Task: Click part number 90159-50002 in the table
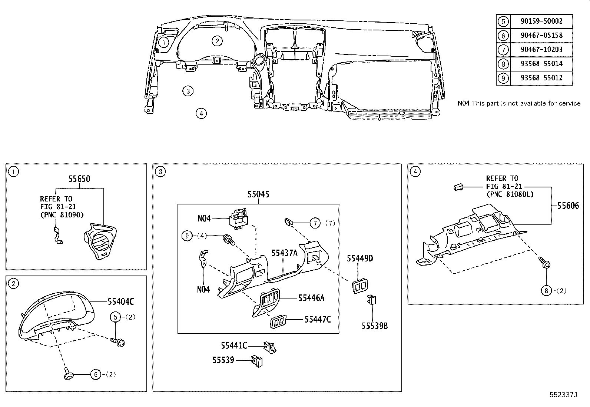tap(541, 21)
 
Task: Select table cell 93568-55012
tap(541, 78)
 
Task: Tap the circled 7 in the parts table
tap(503, 50)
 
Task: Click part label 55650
tap(80, 179)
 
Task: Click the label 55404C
tap(121, 301)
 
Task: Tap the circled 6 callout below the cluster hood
tap(96, 374)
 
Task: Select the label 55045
tap(258, 194)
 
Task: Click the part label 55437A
tap(285, 253)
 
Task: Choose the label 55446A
tap(311, 298)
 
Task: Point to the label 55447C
tap(318, 319)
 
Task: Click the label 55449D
tap(360, 258)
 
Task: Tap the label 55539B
tap(375, 326)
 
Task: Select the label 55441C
tap(234, 346)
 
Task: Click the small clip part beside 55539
tap(257, 361)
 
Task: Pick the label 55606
tap(568, 206)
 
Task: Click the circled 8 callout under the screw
tap(546, 291)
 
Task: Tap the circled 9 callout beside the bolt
tap(187, 236)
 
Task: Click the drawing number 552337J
tap(563, 395)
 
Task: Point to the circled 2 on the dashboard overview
tap(217, 41)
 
